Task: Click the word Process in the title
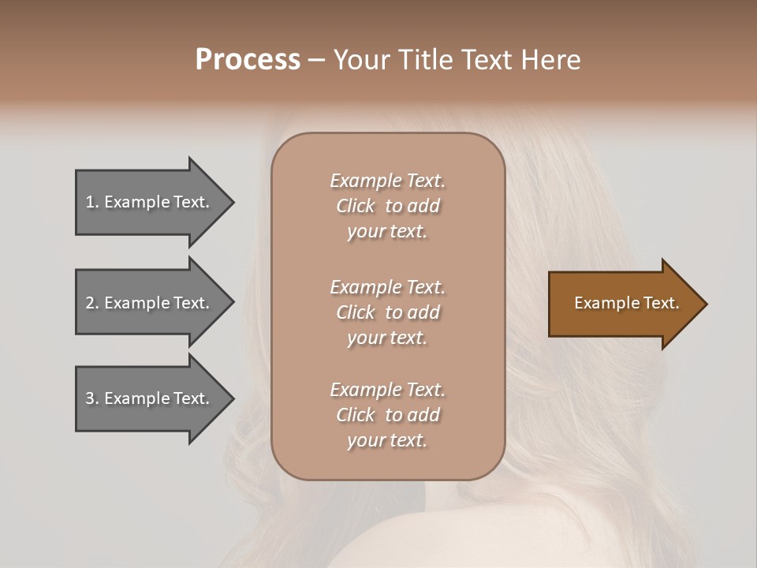[248, 60]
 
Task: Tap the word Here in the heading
[550, 60]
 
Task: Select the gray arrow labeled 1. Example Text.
[150, 202]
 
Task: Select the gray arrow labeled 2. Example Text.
[150, 303]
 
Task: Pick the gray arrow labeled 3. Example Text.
[150, 398]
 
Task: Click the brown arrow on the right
[623, 304]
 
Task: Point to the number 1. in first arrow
[92, 202]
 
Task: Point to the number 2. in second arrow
[92, 303]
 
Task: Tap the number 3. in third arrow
[92, 398]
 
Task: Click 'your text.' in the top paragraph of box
[387, 232]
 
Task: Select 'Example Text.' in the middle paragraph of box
[387, 287]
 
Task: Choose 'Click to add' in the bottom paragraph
[387, 415]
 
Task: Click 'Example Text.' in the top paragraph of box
[387, 181]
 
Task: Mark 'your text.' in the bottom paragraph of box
[387, 441]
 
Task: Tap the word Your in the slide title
[361, 60]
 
